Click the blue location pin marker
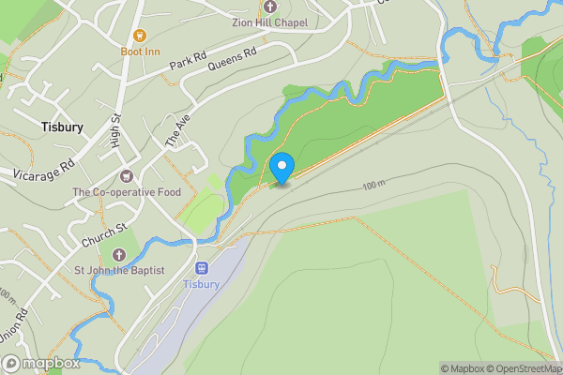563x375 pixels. click(281, 168)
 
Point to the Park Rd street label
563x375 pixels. click(187, 65)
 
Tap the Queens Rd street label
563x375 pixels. click(232, 59)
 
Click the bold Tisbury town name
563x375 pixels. click(62, 126)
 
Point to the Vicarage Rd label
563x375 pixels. click(43, 170)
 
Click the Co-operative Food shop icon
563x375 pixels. click(127, 175)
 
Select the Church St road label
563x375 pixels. click(103, 235)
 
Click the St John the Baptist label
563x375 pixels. click(119, 271)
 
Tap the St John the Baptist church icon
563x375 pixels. click(119, 254)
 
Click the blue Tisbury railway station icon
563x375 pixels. click(201, 268)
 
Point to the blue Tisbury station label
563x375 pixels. click(201, 284)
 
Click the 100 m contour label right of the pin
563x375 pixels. click(373, 187)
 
